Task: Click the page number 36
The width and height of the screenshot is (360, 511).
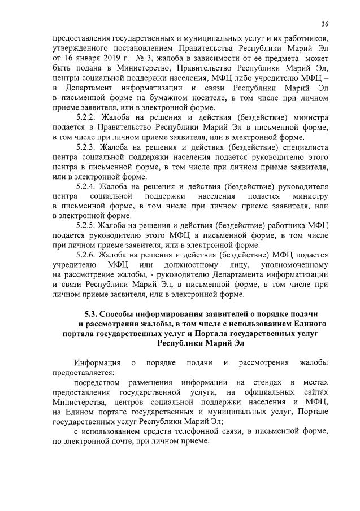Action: click(x=325, y=24)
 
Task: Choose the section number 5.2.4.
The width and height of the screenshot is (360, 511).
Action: click(x=87, y=186)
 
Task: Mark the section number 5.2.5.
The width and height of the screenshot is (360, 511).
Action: click(x=87, y=225)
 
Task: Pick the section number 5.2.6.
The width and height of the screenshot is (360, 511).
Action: click(x=87, y=255)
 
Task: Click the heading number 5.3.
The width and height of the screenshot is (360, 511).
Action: click(x=91, y=313)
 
